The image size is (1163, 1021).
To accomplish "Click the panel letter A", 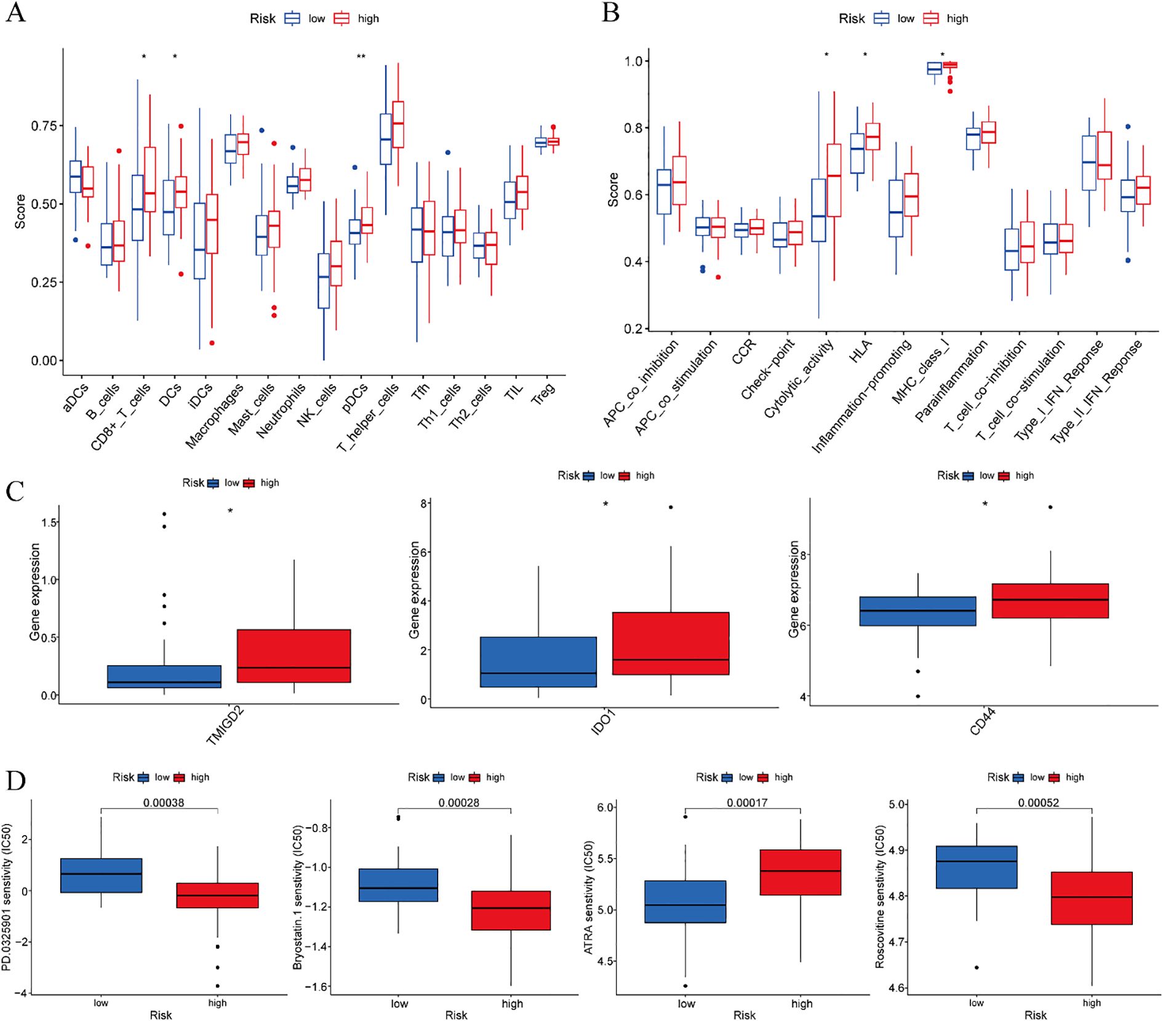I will coord(15,12).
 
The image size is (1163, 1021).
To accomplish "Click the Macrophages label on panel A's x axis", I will coord(215,416).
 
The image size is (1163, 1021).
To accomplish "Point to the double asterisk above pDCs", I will coord(361,57).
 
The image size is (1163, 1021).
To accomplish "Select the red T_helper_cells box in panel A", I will coord(398,124).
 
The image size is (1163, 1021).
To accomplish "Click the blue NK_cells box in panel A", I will coord(324,281).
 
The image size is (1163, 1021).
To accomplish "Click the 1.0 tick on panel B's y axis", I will coord(633,61).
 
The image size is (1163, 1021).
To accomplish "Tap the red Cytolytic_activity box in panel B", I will coord(834,180).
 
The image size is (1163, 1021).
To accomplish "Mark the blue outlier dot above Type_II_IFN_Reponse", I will coord(1128,127).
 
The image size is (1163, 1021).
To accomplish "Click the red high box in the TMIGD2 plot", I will coord(294,655).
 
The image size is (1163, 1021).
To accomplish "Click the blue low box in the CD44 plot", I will coord(917,611).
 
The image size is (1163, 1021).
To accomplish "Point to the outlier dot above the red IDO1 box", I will coord(671,507).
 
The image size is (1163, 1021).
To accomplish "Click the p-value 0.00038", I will coord(164,803).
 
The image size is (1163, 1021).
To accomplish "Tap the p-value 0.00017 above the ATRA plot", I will coord(747,803).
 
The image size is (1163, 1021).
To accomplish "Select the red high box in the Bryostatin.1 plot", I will coord(511,910).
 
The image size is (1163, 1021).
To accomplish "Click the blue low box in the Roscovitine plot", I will coord(976,867).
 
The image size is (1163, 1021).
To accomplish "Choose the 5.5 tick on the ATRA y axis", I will coord(605,858).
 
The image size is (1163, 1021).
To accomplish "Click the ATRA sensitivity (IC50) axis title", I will coord(588,898).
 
